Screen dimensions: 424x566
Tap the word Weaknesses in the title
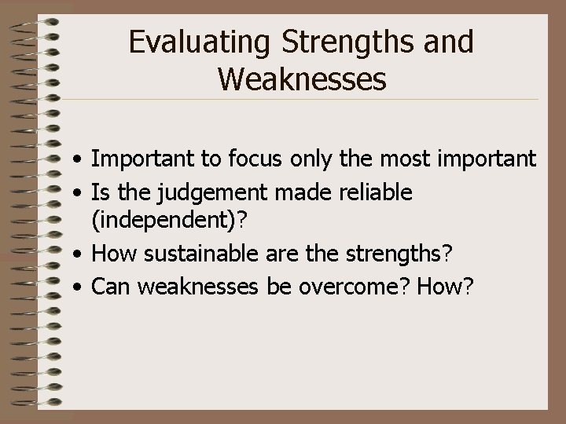click(x=302, y=79)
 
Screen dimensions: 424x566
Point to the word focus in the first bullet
click(x=257, y=160)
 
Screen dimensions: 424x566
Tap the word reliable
click(x=373, y=192)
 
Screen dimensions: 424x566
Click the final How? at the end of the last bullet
click(x=447, y=287)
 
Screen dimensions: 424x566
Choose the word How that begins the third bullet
click(x=112, y=255)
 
